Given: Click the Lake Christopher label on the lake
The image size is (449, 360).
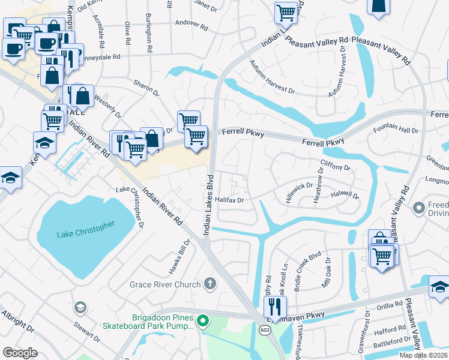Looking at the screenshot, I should point(85,235).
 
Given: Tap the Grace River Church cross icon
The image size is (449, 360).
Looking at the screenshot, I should point(209,283).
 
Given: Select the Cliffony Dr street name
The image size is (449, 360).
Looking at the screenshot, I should point(336,167).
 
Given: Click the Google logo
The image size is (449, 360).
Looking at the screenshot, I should point(20,353).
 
